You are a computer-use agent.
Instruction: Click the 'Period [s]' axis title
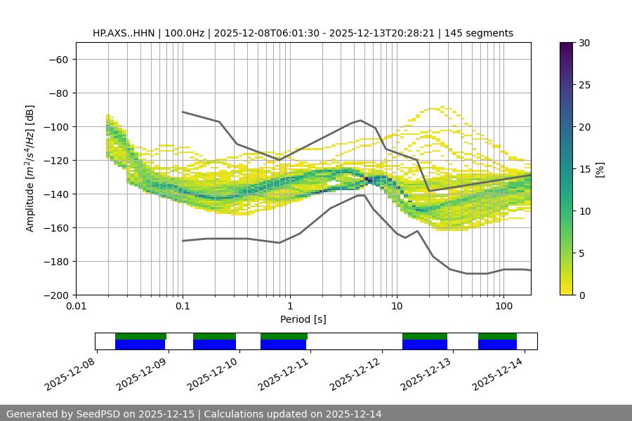(x=303, y=319)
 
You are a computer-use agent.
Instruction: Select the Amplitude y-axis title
(x=30, y=168)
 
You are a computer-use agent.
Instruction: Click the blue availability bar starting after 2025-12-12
(x=425, y=345)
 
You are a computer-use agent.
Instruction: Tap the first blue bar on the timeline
(x=140, y=345)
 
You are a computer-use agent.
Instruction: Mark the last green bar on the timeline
(x=497, y=336)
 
